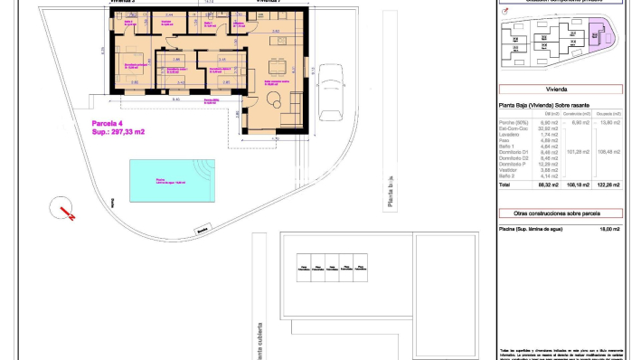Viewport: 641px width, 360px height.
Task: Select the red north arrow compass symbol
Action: click(x=63, y=209)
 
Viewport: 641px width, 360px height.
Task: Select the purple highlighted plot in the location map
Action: click(x=598, y=35)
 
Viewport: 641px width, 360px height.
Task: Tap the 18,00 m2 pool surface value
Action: click(x=609, y=229)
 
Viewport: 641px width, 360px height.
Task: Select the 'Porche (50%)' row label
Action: click(x=513, y=122)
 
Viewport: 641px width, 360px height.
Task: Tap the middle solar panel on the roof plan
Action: click(x=334, y=266)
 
